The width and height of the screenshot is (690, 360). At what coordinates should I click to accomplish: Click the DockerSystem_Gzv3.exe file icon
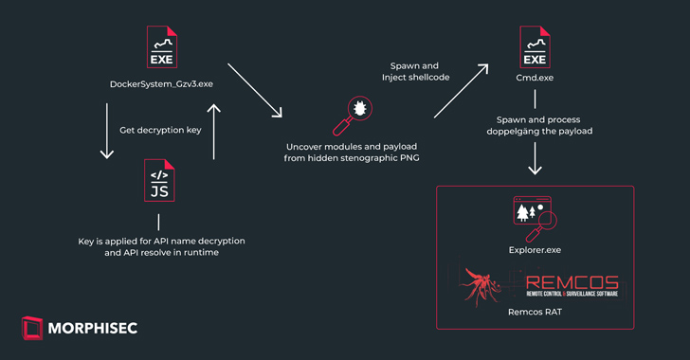(x=160, y=48)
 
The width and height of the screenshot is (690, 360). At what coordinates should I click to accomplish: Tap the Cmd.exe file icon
(x=536, y=48)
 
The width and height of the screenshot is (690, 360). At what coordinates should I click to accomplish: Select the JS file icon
(x=160, y=183)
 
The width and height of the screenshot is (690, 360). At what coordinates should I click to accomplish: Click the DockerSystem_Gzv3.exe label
(x=161, y=83)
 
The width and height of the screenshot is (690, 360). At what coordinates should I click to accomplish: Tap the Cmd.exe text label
(x=536, y=83)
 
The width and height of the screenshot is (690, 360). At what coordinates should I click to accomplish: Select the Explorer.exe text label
(x=536, y=249)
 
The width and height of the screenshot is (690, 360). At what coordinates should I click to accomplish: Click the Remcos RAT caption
(x=536, y=311)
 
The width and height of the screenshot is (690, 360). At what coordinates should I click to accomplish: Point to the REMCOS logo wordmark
(x=571, y=282)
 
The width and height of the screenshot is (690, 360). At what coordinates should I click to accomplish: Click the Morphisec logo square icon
(x=32, y=328)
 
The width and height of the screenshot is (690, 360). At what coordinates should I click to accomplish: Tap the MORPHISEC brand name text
(x=99, y=329)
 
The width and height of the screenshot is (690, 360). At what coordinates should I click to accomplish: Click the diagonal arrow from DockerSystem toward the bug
(x=255, y=91)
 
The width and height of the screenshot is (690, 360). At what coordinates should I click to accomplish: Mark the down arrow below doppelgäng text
(x=536, y=163)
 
